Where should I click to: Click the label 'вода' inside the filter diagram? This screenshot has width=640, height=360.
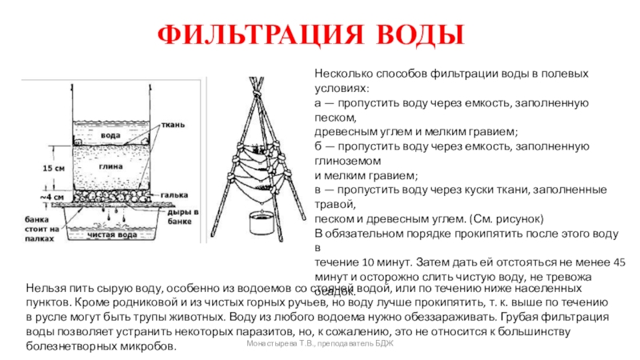click(110, 135)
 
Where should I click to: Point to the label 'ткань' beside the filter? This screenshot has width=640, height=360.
click(174, 125)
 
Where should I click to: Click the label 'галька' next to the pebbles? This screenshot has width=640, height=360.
click(175, 194)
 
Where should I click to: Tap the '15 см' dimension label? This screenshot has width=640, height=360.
click(54, 169)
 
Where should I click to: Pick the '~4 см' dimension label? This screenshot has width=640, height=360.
click(53, 196)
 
